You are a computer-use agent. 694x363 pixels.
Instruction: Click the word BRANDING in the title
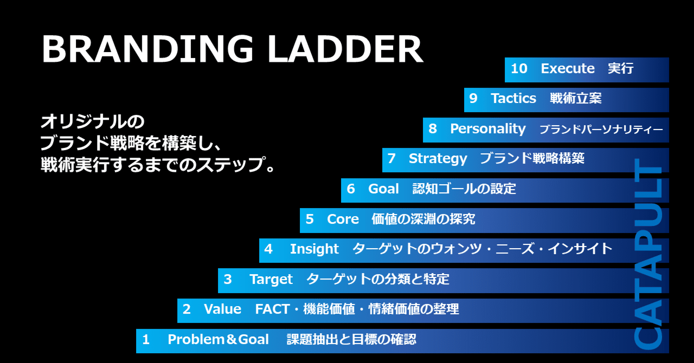(x=147, y=50)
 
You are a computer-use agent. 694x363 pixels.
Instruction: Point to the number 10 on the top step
(x=519, y=69)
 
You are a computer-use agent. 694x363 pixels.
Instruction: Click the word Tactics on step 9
(x=513, y=99)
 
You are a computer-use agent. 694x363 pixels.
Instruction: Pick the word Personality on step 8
(x=488, y=129)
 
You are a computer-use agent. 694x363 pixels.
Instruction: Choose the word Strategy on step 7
(x=438, y=159)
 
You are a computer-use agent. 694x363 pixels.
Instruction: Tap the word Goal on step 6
(x=383, y=189)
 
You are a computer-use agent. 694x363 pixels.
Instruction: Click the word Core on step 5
(x=343, y=219)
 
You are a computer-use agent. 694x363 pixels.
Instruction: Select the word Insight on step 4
(x=314, y=249)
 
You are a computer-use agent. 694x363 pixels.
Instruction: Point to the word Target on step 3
(x=271, y=280)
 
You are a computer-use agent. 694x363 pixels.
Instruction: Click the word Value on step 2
(x=222, y=309)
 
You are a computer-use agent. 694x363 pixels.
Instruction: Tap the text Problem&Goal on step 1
(x=218, y=340)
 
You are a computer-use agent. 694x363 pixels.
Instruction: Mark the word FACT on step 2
(x=272, y=309)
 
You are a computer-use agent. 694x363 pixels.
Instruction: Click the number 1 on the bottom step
(x=145, y=340)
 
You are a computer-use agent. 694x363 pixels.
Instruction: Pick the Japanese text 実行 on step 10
(x=621, y=69)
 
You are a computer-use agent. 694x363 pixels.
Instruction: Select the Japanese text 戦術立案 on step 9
(x=575, y=99)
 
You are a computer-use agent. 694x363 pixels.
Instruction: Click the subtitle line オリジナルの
(x=93, y=120)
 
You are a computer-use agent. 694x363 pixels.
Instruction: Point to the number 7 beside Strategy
(x=391, y=159)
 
